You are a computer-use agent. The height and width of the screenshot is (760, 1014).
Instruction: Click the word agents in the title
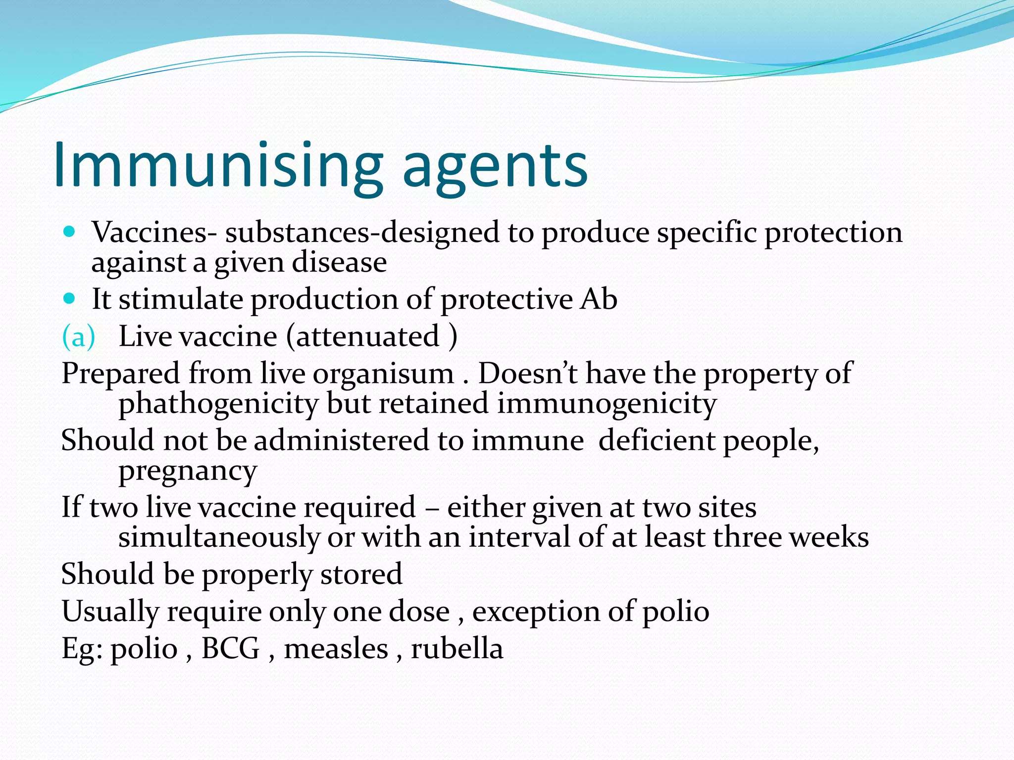point(495,168)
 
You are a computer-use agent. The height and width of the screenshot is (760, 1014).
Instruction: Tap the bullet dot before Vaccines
point(69,231)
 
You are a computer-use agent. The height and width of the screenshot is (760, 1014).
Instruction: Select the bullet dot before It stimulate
point(69,298)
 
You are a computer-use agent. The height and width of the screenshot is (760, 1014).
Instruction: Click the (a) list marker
point(78,337)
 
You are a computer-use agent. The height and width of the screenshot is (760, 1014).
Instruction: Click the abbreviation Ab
point(599,299)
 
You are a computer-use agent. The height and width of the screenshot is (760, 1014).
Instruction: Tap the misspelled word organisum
point(383,374)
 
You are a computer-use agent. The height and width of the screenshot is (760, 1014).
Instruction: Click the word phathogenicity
point(218,405)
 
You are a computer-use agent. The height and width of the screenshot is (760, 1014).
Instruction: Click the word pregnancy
point(188,472)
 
